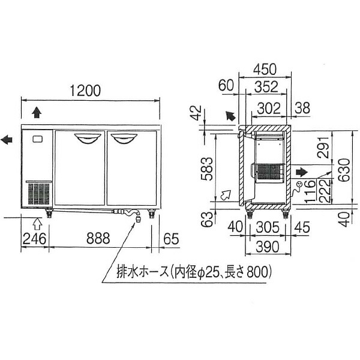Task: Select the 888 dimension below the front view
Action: [x=98, y=238]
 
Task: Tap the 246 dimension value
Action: [x=34, y=238]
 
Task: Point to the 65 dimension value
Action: [x=171, y=238]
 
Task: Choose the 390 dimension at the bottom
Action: [x=265, y=247]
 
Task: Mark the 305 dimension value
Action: [x=265, y=226]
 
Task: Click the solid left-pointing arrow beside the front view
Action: [x=8, y=140]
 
